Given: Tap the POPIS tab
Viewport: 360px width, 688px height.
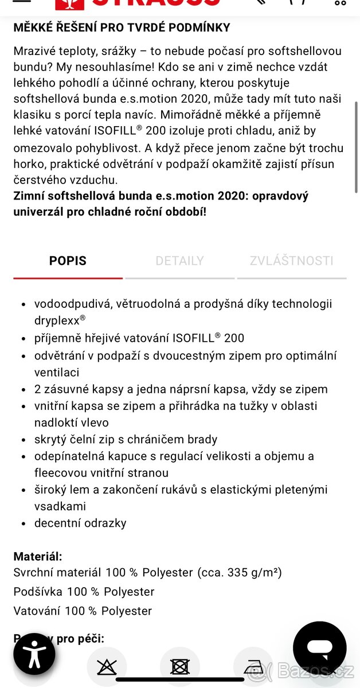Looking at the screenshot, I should pos(68,261).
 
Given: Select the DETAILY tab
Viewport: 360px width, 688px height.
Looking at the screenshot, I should pos(179,261).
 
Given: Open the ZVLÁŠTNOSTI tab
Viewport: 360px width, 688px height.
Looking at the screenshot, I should pos(291,261).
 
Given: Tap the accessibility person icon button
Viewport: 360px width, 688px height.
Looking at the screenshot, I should pos(34,654).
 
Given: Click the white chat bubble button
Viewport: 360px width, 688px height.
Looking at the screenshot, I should pos(319,648).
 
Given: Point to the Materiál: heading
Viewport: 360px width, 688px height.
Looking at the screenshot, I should pos(38,556).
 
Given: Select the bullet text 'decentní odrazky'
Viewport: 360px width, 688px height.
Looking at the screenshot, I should pos(80,523).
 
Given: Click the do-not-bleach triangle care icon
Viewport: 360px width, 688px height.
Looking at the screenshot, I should pos(106,667).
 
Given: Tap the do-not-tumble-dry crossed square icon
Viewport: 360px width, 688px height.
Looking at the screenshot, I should pos(179,667).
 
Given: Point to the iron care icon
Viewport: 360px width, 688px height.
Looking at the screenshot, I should pos(253,667).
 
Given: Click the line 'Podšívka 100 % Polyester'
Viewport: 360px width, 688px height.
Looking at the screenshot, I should pos(84,592).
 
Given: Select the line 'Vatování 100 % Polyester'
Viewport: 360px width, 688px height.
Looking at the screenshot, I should pos(83,611).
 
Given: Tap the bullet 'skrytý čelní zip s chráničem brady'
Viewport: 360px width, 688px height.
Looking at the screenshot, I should pos(126,440).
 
